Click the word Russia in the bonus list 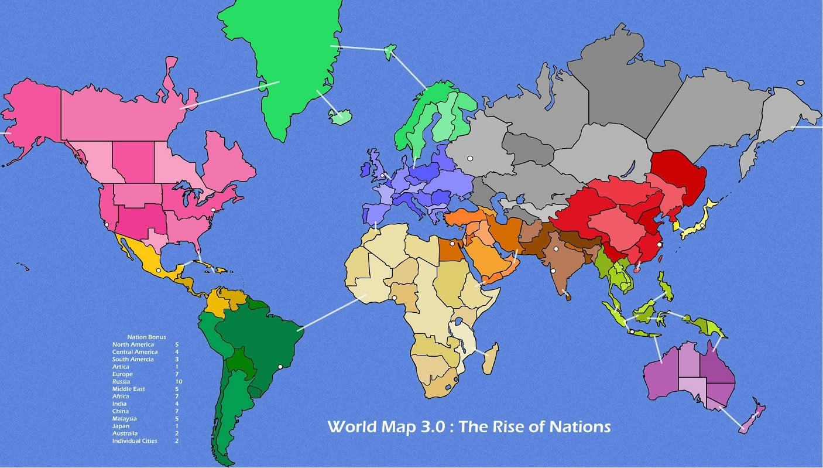(x=121, y=381)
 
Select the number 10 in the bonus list (x=178, y=381)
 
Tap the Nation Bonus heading (x=146, y=337)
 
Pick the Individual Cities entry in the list (x=135, y=440)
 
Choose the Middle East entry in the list (x=129, y=389)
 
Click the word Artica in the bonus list (x=121, y=367)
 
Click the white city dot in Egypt (x=452, y=244)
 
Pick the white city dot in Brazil (x=280, y=367)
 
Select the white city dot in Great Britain (x=382, y=176)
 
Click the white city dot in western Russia (x=469, y=158)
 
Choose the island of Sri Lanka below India (x=567, y=296)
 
